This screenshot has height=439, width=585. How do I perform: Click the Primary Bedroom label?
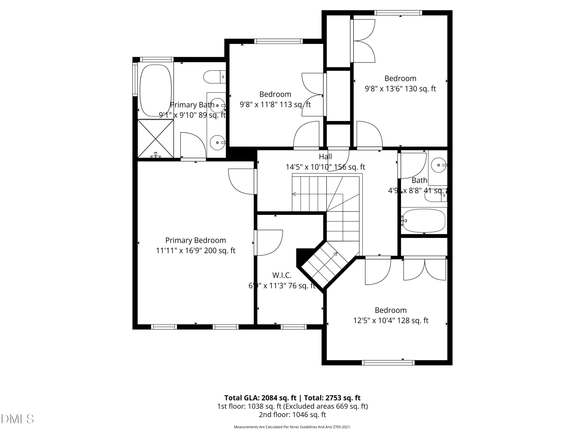point(195,240)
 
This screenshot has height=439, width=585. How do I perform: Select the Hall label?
point(325,157)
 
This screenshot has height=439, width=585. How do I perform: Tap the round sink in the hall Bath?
point(438,165)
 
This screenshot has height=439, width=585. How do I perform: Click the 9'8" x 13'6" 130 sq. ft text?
point(400,89)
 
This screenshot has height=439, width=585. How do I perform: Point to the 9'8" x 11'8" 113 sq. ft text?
point(275,105)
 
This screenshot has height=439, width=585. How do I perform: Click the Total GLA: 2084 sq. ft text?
point(261,398)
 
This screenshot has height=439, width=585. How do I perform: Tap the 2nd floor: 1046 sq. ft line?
point(292,414)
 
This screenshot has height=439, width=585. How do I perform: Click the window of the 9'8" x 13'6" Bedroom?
point(398,13)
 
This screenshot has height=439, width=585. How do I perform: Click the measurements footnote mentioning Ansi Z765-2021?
point(292,427)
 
